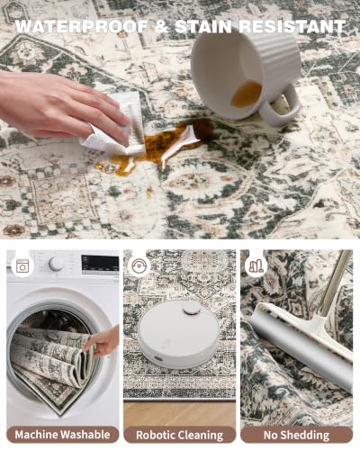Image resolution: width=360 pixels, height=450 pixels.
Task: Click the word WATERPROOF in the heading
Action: coord(81,26)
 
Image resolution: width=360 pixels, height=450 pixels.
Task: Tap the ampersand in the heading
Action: coord(161,26)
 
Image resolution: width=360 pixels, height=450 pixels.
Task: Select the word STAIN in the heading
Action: coord(202,26)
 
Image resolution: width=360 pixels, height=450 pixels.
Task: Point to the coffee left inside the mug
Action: coord(246,94)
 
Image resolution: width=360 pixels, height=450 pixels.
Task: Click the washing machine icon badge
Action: coord(22,266)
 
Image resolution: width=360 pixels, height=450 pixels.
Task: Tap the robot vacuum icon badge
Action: coord(139,266)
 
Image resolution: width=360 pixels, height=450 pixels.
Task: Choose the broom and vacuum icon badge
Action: coord(256,266)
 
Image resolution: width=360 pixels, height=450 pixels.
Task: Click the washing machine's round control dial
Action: coord(56,264)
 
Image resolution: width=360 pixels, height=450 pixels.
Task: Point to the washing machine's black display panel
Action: coord(100,265)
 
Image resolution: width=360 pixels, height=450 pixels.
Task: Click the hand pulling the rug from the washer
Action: coord(102,340)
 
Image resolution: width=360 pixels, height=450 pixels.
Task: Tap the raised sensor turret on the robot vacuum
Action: coord(192,308)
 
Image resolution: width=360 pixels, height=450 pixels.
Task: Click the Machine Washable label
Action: coord(62,435)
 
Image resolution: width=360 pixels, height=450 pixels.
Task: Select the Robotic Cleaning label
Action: coord(180,435)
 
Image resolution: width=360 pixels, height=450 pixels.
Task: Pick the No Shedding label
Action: coord(296,435)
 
